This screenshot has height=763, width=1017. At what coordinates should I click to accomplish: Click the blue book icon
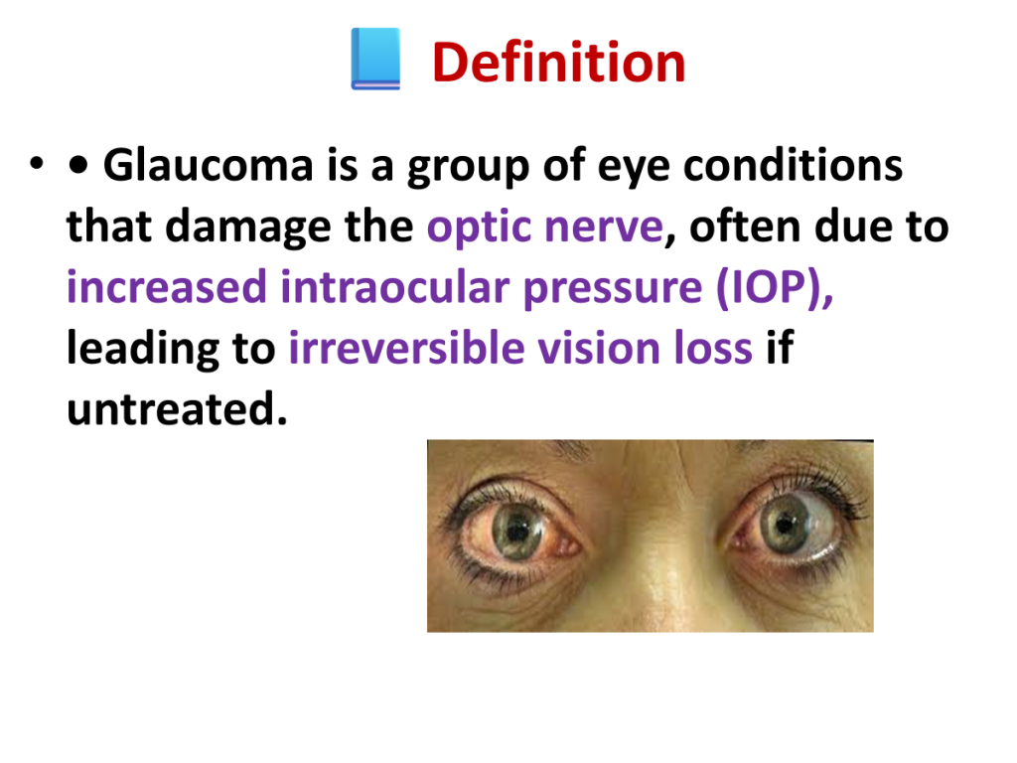pos(375,59)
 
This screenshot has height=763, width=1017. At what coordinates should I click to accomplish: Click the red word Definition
pos(558,63)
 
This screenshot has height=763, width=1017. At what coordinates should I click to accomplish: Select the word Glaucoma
pos(209,165)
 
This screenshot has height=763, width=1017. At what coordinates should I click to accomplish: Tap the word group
pos(469,167)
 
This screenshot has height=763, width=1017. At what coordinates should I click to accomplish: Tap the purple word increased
pos(167,287)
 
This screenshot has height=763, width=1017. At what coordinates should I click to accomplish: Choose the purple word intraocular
pos(395,286)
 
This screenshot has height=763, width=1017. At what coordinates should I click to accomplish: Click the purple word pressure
pos(612,289)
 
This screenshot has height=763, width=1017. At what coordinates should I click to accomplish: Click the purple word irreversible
pos(406,347)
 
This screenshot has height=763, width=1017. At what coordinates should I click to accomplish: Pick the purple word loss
pos(713,347)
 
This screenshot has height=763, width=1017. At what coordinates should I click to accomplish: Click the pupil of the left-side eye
pos(516,533)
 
